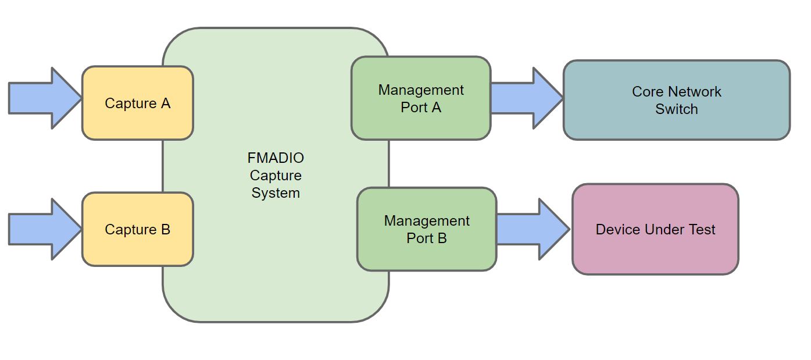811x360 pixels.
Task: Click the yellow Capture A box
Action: [x=137, y=103]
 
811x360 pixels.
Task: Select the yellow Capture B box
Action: [x=137, y=229]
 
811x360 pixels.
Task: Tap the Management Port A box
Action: [x=421, y=98]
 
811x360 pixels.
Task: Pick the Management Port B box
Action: [x=427, y=229]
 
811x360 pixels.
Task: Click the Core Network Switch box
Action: [x=676, y=100]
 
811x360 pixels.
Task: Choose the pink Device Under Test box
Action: [x=655, y=229]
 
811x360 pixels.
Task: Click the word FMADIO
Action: [x=276, y=158]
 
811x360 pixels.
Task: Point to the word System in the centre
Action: [x=276, y=193]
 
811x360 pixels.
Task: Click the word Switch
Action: [x=676, y=109]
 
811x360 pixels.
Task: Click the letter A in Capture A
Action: [x=165, y=103]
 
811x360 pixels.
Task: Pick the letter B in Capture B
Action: [x=165, y=229]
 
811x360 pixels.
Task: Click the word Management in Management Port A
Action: [x=421, y=90]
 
